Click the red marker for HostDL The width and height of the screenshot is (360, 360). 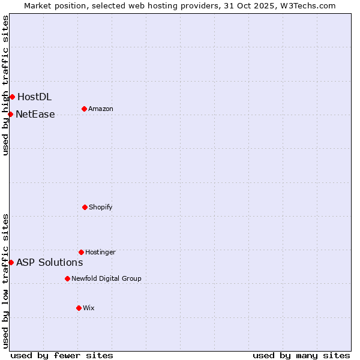pyautogui.click(x=12, y=97)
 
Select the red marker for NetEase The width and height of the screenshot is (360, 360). pyautogui.click(x=10, y=114)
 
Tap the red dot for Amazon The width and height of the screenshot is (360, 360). pyautogui.click(x=84, y=109)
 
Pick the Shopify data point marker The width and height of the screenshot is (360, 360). pyautogui.click(x=85, y=207)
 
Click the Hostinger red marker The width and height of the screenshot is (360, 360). pyautogui.click(x=81, y=252)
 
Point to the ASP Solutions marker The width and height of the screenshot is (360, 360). pyautogui.click(x=11, y=262)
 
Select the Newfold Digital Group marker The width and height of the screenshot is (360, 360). pyautogui.click(x=67, y=278)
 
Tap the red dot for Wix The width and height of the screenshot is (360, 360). pyautogui.click(x=79, y=308)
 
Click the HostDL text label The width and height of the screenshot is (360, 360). pyautogui.click(x=34, y=97)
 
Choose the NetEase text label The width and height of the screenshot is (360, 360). pyautogui.click(x=35, y=114)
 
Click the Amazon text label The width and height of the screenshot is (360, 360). pyautogui.click(x=101, y=109)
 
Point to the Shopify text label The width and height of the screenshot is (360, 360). pyautogui.click(x=101, y=207)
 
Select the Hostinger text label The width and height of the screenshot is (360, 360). pyautogui.click(x=100, y=252)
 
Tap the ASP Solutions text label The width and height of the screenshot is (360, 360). pyautogui.click(x=49, y=262)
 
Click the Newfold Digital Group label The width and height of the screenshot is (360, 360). pyautogui.click(x=106, y=278)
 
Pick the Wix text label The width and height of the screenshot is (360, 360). pyautogui.click(x=89, y=308)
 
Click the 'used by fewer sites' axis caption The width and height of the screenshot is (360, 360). pyautogui.click(x=62, y=355)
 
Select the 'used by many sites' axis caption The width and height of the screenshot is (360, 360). pyautogui.click(x=301, y=355)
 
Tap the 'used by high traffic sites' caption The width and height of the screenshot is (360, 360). pyautogui.click(x=5, y=85)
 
